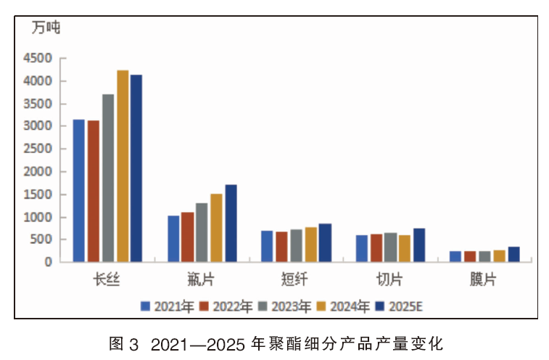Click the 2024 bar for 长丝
click(123, 165)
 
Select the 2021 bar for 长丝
click(79, 191)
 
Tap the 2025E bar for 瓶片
click(231, 224)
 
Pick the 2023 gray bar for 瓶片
click(202, 232)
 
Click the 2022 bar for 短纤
click(281, 247)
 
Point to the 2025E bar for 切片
click(419, 245)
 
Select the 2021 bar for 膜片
click(455, 256)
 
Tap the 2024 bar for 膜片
click(499, 256)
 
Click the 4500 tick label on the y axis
click(38, 58)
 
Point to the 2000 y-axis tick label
click(38, 172)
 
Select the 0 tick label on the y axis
click(49, 262)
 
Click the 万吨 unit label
click(46, 28)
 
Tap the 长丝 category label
click(107, 279)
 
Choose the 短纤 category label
click(295, 279)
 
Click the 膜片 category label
click(483, 279)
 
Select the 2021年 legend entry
click(167, 307)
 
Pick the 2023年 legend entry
click(285, 307)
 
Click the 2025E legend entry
click(399, 307)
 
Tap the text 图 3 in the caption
click(123, 344)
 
